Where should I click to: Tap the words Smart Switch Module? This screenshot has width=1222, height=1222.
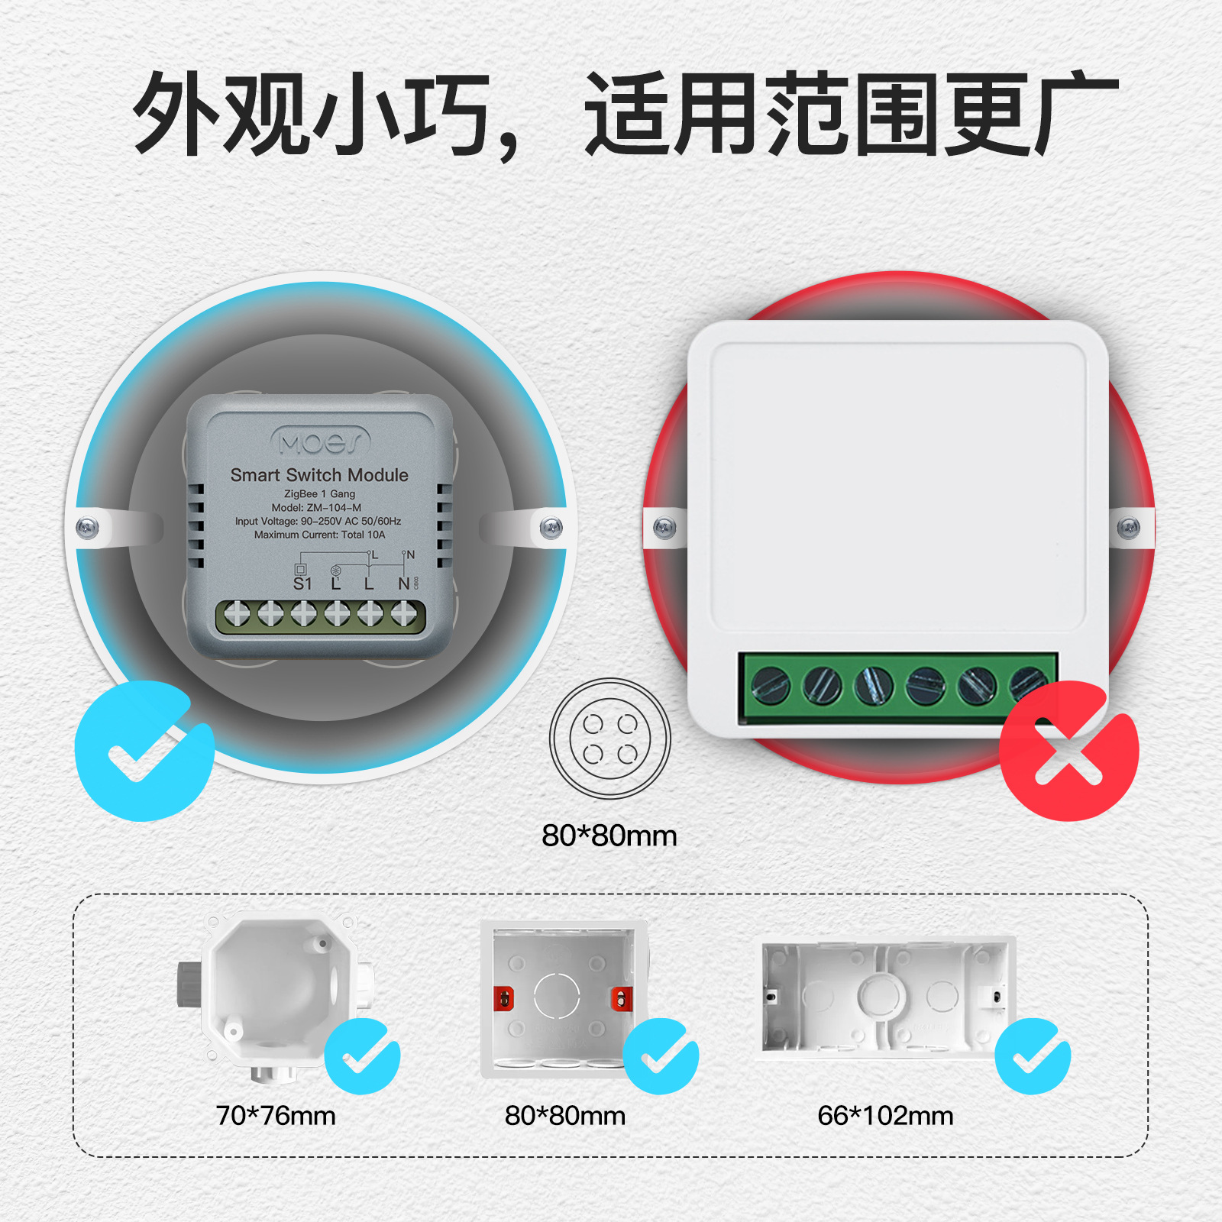pos(319,475)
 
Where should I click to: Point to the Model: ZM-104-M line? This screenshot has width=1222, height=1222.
pos(316,507)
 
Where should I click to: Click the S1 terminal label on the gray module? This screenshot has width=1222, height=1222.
pos(302,584)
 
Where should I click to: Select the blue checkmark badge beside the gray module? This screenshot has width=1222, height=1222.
pos(144,752)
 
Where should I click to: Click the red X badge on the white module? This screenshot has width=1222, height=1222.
pos(1068,752)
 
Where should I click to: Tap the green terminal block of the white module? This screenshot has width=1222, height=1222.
pos(898,686)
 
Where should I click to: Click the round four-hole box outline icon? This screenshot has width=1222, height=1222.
pos(610,739)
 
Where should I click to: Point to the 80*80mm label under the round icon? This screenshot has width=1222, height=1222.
pos(609,836)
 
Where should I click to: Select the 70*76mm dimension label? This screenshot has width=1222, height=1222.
pos(276,1116)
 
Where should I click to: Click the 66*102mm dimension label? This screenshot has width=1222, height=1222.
pos(885,1116)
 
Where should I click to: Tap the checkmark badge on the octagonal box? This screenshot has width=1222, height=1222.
pos(362,1056)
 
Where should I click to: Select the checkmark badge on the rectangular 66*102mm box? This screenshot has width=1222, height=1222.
pos(1033,1056)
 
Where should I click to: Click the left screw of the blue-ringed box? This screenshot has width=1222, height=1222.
pos(87,527)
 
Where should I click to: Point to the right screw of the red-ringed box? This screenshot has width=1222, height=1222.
pos(1129,527)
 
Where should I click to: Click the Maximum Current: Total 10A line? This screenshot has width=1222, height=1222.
pos(319,535)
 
